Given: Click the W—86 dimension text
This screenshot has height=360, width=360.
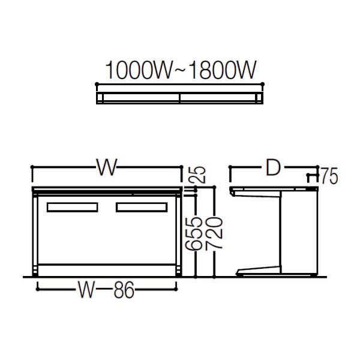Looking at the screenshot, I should (x=106, y=292).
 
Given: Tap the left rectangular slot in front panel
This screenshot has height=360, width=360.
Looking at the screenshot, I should (x=71, y=207).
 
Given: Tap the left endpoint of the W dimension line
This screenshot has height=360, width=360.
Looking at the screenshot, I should (x=32, y=169).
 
